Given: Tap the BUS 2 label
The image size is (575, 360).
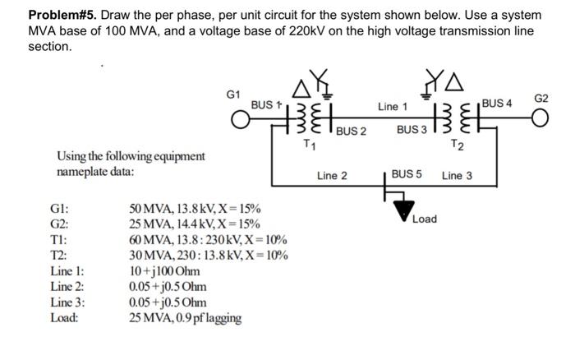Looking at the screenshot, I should pos(351,132).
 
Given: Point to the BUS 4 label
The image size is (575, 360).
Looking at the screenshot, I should pos(497,103).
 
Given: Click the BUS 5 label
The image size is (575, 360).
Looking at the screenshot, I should pos(407,174).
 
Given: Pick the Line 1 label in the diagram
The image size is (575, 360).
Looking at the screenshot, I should pos(392,106).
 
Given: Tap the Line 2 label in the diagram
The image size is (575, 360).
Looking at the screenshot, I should pos(332,175).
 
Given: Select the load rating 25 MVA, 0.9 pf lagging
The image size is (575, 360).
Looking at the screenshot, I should pos(186,316).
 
